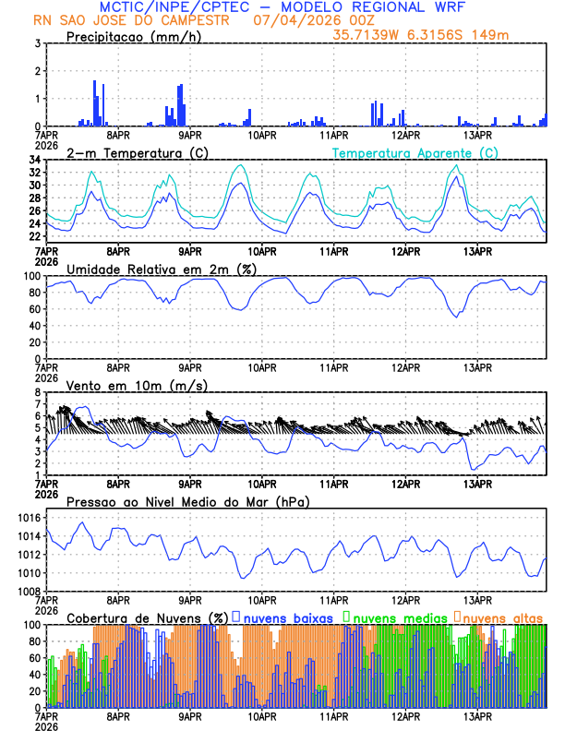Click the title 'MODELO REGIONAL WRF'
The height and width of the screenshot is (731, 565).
pyautogui.click(x=392, y=6)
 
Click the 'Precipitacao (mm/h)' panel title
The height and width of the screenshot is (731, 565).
pyautogui.click(x=133, y=37)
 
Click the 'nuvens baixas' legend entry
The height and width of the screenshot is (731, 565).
pyautogui.click(x=286, y=617)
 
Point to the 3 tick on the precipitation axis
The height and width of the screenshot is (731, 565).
pyautogui.click(x=38, y=43)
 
